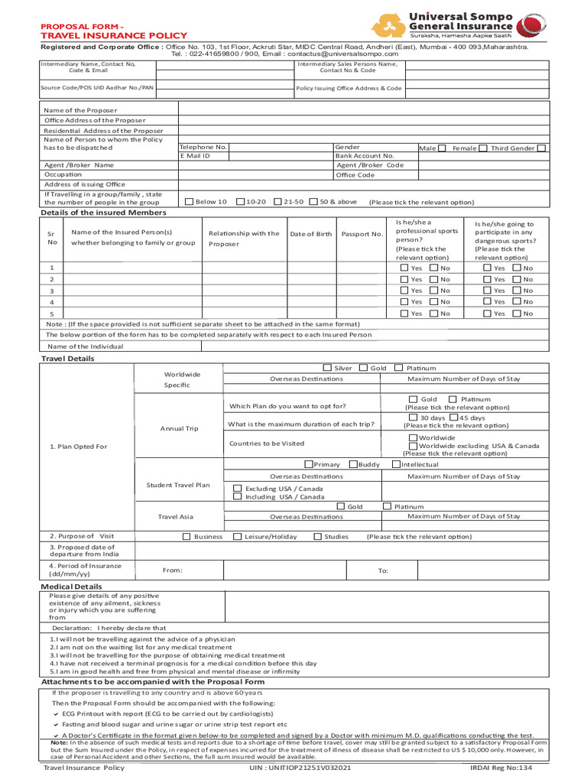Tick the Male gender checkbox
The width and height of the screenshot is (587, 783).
pos(442,148)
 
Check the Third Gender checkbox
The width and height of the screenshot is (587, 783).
pos(541,148)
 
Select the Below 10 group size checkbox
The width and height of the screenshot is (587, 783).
pos(190,202)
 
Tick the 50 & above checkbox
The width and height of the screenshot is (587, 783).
pos(313,202)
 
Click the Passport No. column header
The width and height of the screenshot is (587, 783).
pos(362,234)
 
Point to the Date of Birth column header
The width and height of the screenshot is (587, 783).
pos(311,234)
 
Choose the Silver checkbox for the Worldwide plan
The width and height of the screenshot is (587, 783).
pos(327,368)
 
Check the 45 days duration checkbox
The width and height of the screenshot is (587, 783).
pos(454,418)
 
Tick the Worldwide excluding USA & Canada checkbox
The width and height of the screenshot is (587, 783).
pos(413,446)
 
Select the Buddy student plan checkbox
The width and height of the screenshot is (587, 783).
pos(353,464)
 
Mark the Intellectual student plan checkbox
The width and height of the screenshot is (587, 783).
pos(396,464)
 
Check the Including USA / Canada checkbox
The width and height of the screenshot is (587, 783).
pos(238,497)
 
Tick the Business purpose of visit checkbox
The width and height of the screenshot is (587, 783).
pos(186,537)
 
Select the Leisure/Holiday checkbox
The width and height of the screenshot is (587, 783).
pos(238,537)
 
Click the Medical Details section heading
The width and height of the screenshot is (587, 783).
pos(71,586)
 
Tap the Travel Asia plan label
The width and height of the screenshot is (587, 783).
pos(176,517)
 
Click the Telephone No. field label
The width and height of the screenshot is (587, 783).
pos(203,147)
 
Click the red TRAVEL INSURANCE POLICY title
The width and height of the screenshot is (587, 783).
pos(113,35)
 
